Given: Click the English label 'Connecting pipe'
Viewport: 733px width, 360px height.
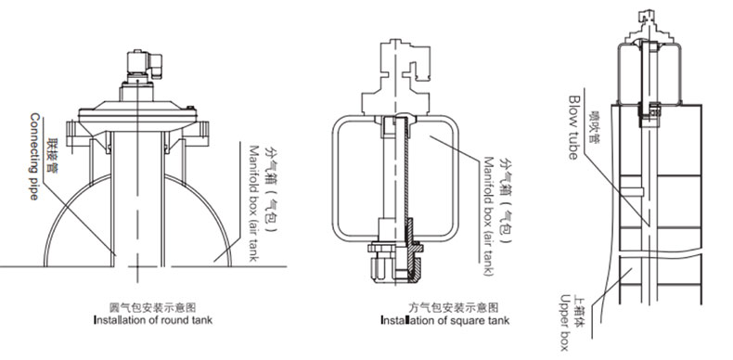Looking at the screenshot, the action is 34,156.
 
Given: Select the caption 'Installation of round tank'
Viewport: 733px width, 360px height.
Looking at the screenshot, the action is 153,320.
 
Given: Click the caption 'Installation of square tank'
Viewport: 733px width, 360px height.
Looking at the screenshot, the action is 445,320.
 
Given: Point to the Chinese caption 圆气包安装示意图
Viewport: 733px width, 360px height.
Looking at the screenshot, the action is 152,308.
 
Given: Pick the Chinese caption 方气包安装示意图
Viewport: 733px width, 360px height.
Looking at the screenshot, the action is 454,308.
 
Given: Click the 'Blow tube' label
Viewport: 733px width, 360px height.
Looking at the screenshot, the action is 573,127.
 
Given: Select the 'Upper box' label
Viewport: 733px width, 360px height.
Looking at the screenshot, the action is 565,322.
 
